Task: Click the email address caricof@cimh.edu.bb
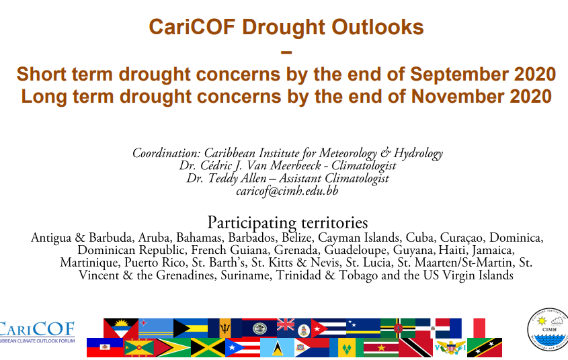point(287,191)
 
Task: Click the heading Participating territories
point(288,222)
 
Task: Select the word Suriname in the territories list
point(246,275)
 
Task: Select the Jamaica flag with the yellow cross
point(208,347)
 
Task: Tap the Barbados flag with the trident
point(225,328)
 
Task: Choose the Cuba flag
point(329,328)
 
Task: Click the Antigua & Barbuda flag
point(121,328)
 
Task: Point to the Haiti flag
point(105,347)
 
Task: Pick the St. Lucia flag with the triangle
point(277,347)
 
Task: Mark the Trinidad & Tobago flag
point(415,347)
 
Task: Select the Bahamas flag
point(190,328)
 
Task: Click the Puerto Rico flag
point(243,347)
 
